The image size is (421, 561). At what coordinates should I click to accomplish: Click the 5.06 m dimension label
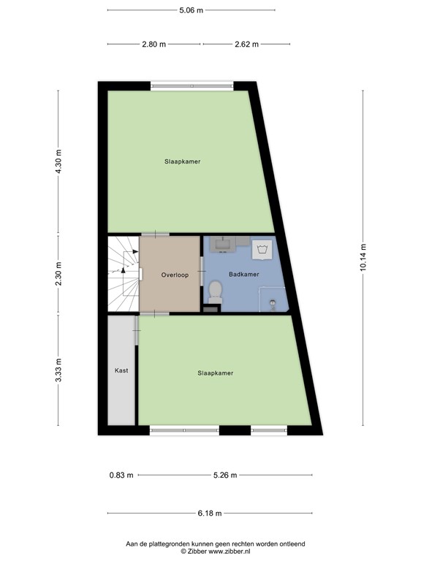[191, 10]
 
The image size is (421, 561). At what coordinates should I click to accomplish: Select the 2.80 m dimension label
[153, 44]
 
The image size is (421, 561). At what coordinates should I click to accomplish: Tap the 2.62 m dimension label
[246, 44]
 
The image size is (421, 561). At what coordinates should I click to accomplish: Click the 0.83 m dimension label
[121, 476]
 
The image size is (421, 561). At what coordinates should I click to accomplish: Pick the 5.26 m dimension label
[225, 476]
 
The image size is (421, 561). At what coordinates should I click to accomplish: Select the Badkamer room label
[243, 275]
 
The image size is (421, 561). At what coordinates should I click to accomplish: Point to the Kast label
[121, 370]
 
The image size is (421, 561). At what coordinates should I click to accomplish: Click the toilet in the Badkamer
[216, 293]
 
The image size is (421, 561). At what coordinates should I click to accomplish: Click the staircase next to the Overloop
[122, 274]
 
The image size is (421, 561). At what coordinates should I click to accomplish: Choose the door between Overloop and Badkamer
[201, 274]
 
